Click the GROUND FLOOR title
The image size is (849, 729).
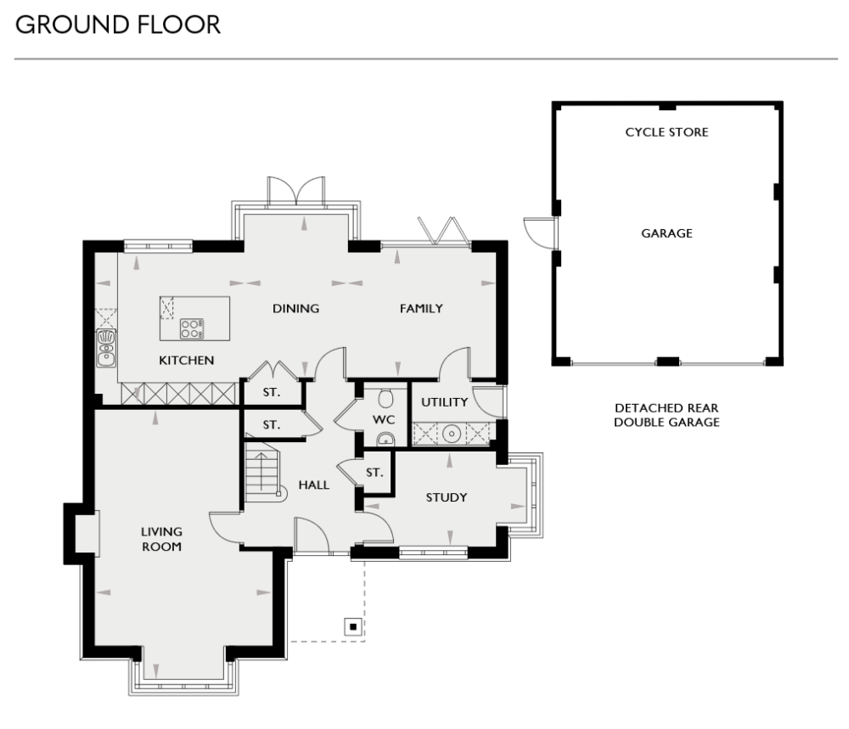coord(118,25)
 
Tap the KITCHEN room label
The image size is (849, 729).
coord(187,361)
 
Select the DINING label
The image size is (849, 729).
coord(295,309)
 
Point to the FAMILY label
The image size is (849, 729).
coord(421,309)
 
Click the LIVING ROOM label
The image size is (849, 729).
coord(161,539)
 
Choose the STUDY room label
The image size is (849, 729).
coord(447,497)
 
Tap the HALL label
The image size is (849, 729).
coord(313,485)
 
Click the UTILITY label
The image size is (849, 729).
coord(445,402)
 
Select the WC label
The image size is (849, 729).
coord(385,420)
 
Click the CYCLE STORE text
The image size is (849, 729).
coord(666,132)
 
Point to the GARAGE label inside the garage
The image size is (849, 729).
coord(666,233)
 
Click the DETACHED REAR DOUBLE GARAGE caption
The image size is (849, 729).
coord(666,415)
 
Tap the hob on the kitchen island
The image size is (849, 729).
coord(192,328)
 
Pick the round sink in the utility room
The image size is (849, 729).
coord(453,434)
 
